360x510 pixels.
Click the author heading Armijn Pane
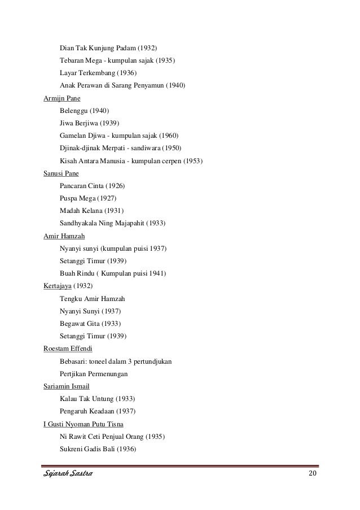point(62,98)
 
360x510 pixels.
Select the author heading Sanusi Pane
point(61,173)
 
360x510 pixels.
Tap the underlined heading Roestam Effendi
point(68,348)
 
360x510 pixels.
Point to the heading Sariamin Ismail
point(67,386)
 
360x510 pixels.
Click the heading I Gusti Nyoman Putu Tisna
point(84,424)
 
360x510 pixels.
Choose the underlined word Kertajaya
point(59,286)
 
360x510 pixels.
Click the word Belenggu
point(74,110)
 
